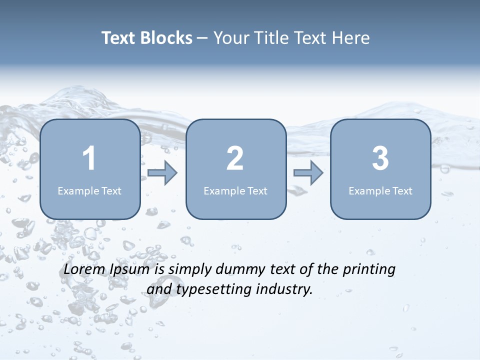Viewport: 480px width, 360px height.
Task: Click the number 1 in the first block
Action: point(89,158)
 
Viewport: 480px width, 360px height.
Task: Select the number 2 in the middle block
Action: point(235,158)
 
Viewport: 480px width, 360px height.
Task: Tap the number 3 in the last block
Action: point(380,158)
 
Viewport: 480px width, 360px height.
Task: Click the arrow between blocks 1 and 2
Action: point(162,173)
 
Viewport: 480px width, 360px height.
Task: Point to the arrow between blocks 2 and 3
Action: point(308,173)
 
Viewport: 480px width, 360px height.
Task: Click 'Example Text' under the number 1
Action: point(89,190)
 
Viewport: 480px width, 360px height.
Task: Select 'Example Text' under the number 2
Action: point(235,190)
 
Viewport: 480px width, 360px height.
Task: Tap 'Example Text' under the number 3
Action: point(380,190)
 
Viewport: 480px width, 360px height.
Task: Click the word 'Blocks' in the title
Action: point(166,38)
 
